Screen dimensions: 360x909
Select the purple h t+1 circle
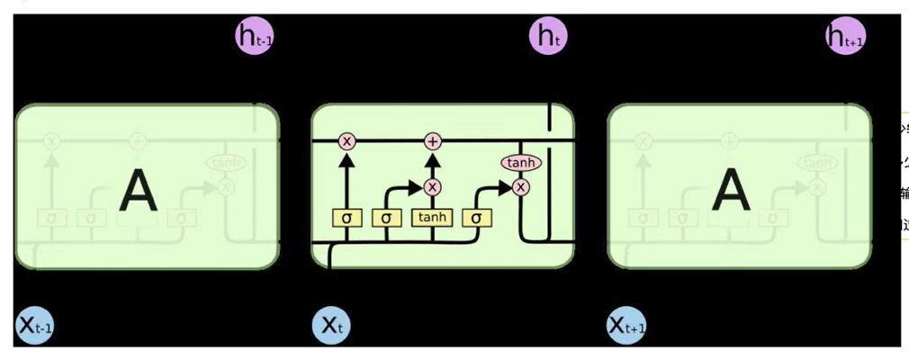click(845, 37)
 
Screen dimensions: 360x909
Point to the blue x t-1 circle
click(36, 326)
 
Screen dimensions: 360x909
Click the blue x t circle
click(330, 326)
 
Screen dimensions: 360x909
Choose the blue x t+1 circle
click(627, 326)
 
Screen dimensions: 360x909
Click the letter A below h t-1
click(138, 191)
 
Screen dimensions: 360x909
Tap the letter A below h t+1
click(731, 191)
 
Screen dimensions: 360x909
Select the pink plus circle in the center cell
click(433, 141)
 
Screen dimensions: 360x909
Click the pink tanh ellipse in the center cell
click(519, 163)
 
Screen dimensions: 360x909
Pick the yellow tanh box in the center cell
click(433, 217)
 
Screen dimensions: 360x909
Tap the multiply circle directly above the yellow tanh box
click(433, 187)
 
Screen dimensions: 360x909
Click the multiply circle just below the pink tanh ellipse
click(519, 187)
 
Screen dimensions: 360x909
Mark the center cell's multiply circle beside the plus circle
click(346, 141)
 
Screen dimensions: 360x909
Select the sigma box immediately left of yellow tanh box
click(386, 217)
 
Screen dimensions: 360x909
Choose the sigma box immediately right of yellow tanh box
click(476, 217)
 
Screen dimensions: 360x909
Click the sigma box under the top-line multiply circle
click(346, 217)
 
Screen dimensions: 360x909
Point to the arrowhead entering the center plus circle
click(433, 157)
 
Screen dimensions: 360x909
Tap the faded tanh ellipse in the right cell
click(816, 163)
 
